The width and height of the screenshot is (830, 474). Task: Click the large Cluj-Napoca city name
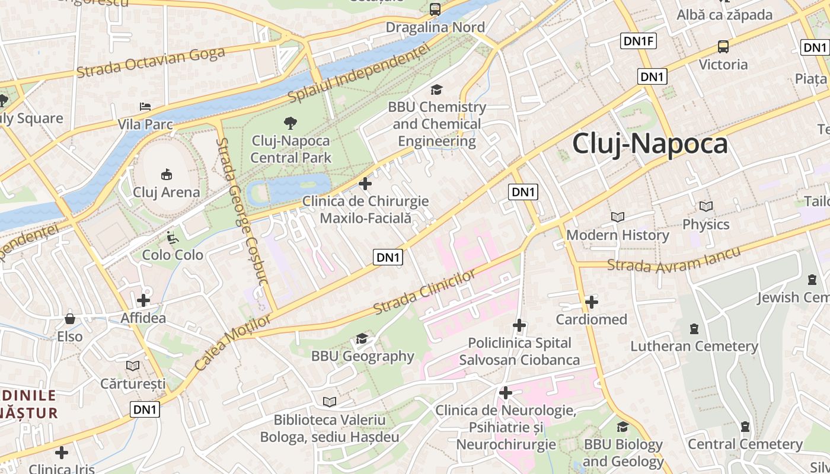(x=650, y=144)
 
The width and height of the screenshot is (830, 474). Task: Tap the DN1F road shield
(x=639, y=41)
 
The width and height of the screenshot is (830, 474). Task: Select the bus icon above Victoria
(x=723, y=46)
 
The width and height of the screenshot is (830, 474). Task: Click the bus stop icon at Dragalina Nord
(x=435, y=9)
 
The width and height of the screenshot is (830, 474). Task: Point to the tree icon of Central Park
(x=290, y=123)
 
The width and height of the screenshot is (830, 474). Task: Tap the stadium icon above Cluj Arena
(x=167, y=174)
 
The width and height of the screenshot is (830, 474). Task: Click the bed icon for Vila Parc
(x=145, y=107)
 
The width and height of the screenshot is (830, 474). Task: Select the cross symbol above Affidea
(x=143, y=300)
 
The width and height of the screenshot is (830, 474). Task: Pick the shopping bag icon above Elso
(x=70, y=319)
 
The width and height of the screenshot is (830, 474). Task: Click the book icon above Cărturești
(x=133, y=366)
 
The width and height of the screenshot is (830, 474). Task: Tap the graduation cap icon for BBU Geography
(x=362, y=339)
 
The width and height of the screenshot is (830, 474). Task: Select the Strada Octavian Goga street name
(x=151, y=62)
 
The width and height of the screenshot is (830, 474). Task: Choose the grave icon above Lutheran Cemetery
(x=694, y=329)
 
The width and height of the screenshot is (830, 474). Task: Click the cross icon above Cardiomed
(x=591, y=302)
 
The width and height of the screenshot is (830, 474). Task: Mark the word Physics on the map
(x=705, y=225)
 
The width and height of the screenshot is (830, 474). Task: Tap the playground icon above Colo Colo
(x=172, y=238)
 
